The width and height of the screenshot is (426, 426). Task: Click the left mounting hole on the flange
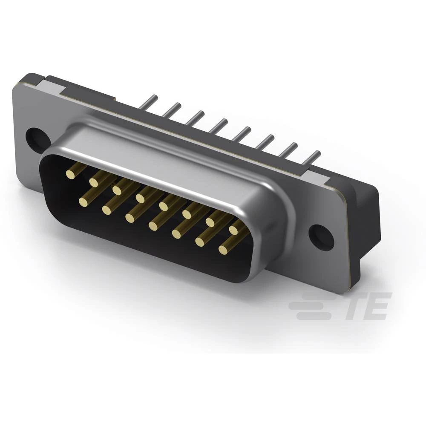click(x=35, y=137)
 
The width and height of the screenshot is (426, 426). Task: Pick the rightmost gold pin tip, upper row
click(x=233, y=230)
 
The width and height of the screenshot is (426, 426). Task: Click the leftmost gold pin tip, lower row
click(x=83, y=202)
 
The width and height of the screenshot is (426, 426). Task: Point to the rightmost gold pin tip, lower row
click(x=223, y=250)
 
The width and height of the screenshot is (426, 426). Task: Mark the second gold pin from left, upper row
click(x=93, y=182)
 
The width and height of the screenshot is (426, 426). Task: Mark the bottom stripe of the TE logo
click(x=313, y=316)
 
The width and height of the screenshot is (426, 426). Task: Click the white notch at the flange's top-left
click(x=53, y=87)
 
